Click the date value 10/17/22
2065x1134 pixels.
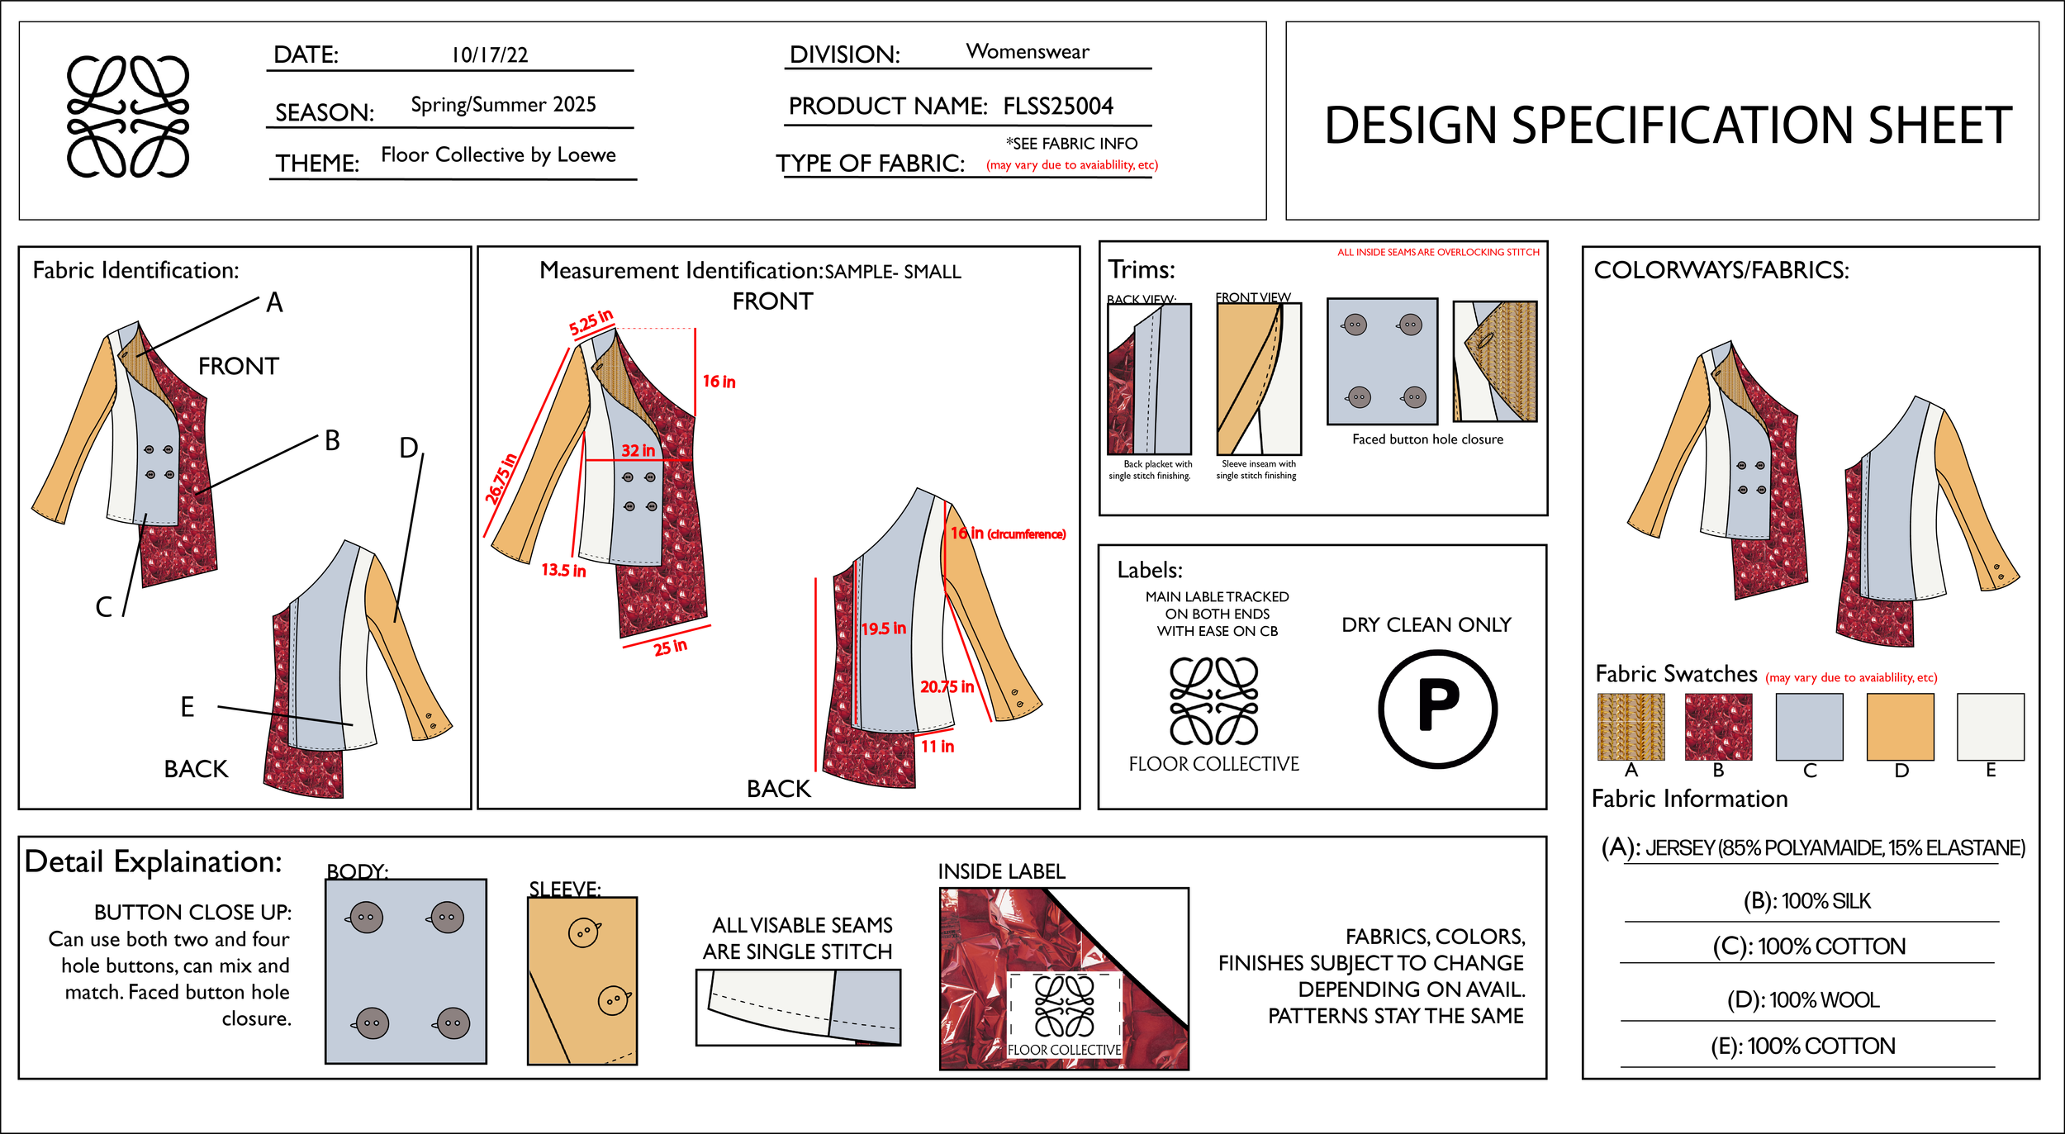point(489,55)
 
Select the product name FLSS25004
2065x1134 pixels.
point(1058,107)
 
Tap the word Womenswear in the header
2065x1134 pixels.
point(1028,52)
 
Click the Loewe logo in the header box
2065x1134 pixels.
point(128,116)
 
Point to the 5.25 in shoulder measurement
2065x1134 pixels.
point(591,322)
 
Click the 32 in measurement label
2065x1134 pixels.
point(638,451)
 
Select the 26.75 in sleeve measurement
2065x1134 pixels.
point(501,478)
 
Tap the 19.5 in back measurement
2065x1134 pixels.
point(883,629)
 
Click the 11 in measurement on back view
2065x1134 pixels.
point(938,747)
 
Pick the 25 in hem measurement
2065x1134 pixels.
point(670,647)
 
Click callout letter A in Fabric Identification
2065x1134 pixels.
point(274,303)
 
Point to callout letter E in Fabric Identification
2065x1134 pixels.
point(188,707)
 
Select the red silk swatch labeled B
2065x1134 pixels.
point(1718,727)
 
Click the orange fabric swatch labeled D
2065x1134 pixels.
point(1900,727)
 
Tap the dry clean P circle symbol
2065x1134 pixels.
point(1437,709)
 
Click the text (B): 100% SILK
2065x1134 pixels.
point(1806,901)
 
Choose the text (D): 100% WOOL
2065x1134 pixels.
point(1803,1000)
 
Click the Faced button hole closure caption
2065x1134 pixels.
point(1427,439)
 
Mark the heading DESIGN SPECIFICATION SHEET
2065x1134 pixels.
point(1668,126)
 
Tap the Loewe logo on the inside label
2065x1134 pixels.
point(1064,1005)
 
